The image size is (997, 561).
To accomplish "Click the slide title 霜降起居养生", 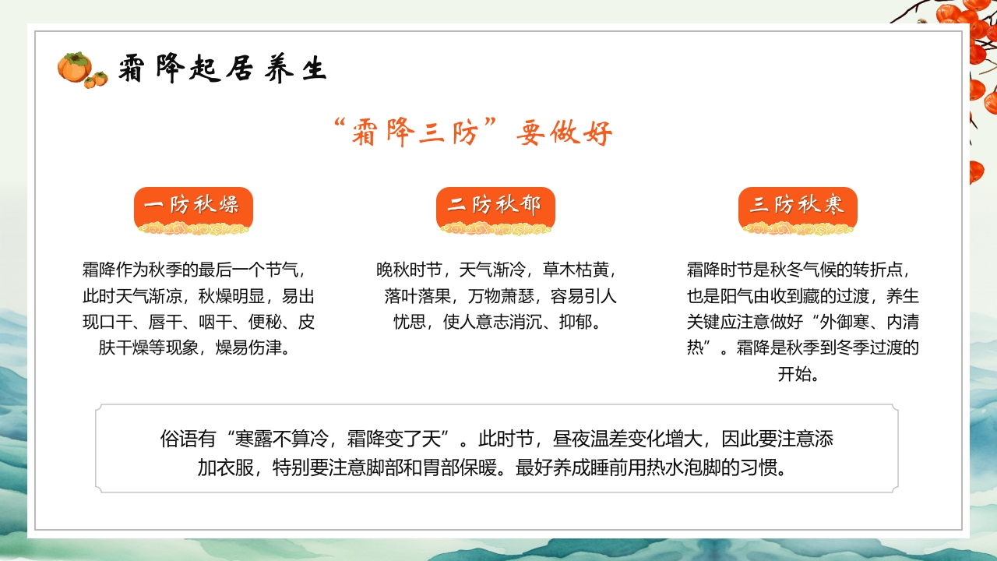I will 222,69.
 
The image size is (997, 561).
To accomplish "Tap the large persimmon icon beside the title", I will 74,68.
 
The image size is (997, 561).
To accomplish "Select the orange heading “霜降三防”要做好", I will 472,133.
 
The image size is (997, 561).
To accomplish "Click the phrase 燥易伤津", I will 254,348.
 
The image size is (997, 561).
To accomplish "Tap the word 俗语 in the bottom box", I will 178,439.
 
